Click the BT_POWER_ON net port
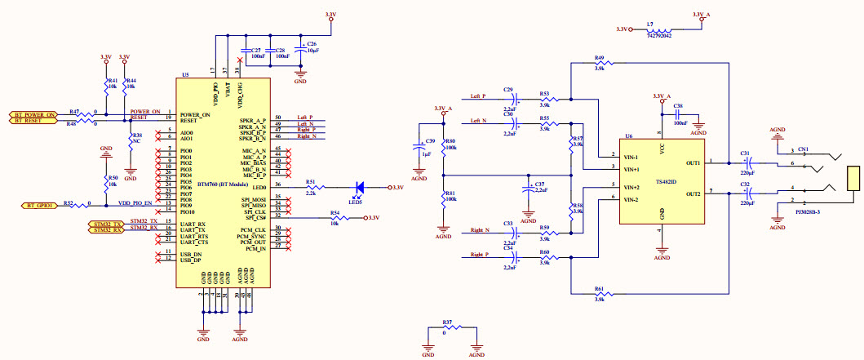(x=33, y=115)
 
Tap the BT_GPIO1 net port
(x=39, y=206)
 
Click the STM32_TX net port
(x=105, y=223)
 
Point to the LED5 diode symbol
(x=357, y=188)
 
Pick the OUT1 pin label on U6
(x=692, y=163)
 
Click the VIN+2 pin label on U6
(x=631, y=187)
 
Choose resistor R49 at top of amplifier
(x=600, y=64)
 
